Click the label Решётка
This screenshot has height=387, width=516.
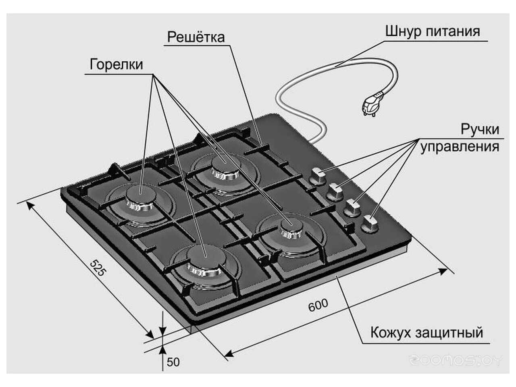coord(196,37)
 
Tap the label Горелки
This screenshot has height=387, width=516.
coord(116,64)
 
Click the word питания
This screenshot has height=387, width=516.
coord(453,31)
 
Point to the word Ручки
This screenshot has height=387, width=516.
coord(480,129)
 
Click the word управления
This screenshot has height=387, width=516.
coord(460,146)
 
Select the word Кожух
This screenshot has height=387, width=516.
coord(390,333)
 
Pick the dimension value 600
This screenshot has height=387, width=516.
coord(318,305)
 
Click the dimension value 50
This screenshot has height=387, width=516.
coord(173,362)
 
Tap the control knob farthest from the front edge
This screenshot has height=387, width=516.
coord(318,176)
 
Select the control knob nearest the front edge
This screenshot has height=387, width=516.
coord(370,223)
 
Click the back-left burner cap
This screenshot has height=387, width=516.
coord(139,196)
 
